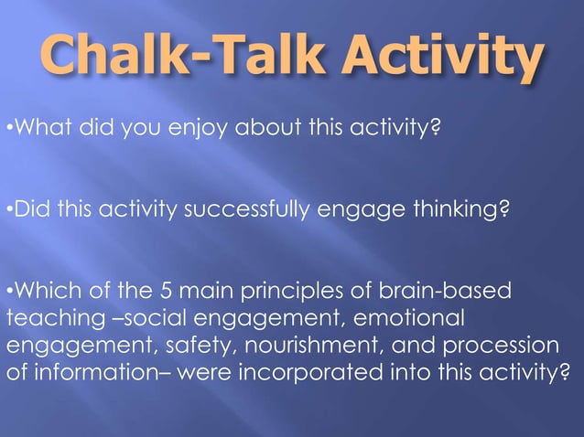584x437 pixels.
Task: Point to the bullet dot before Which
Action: [x=9, y=293]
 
